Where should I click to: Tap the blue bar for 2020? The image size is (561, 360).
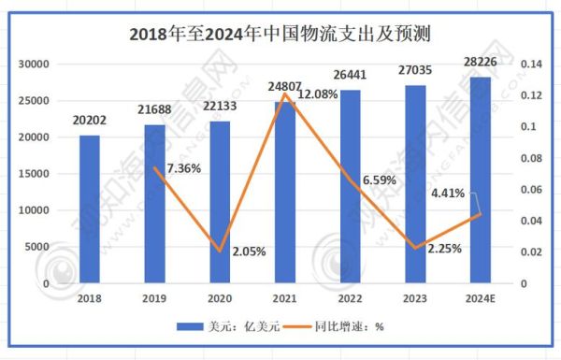coord(219,201)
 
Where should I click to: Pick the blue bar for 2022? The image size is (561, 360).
coord(349,186)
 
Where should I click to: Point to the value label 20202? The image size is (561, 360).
coord(90,119)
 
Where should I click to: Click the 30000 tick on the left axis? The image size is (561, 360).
coord(34,65)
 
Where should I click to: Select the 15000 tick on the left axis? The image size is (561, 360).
coord(34,174)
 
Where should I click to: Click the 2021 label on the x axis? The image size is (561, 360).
coord(284,298)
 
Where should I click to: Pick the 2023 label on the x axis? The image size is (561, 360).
coord(413,298)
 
